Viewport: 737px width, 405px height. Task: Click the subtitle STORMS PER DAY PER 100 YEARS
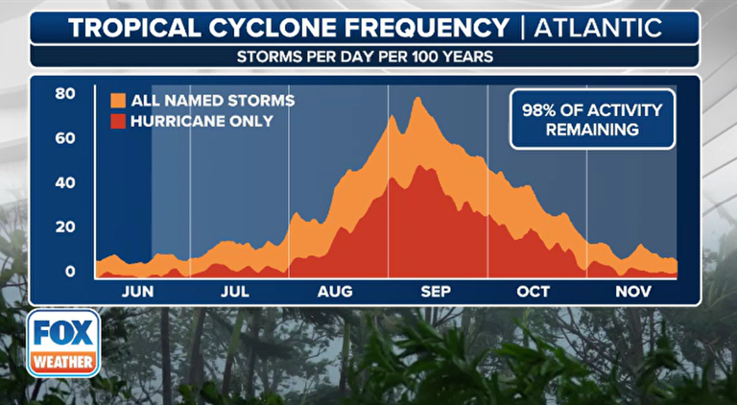[x=365, y=57]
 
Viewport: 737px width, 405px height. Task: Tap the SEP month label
[x=435, y=292]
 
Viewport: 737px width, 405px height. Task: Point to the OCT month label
[x=532, y=292]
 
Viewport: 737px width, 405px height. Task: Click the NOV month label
[x=630, y=292]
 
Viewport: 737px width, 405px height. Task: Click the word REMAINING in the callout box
[x=592, y=130]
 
